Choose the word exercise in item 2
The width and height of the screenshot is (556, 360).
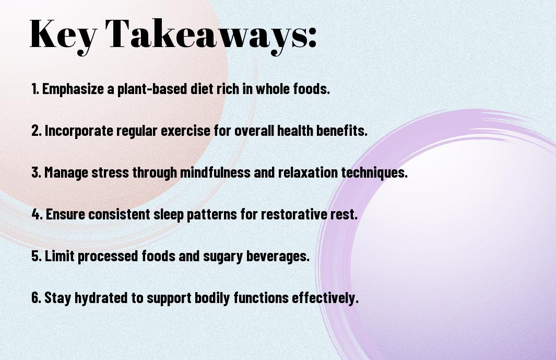(x=185, y=131)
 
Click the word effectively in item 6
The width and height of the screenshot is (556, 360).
(x=325, y=298)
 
